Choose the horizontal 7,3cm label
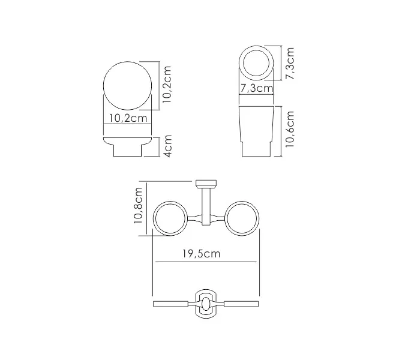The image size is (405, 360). point(256,89)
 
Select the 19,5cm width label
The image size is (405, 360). point(202,254)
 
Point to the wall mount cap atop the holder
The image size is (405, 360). point(205,184)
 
